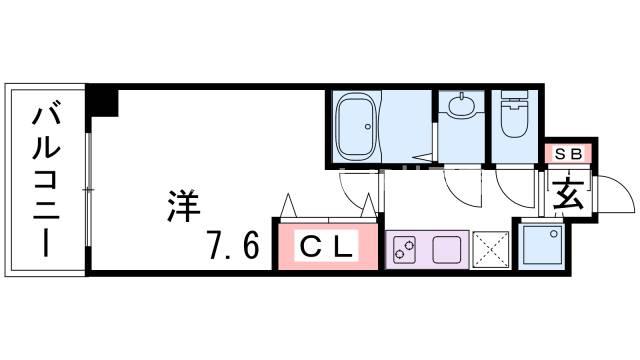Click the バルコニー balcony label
[45, 180]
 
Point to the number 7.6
[235, 244]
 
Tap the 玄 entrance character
[570, 191]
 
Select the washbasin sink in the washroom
[463, 106]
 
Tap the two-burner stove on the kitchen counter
[406, 248]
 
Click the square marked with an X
[491, 247]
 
